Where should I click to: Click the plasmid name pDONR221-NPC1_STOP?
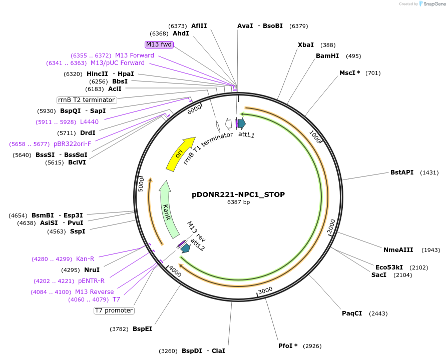238,194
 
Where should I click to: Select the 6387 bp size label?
238,202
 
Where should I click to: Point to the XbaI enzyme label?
306,45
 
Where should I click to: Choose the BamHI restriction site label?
327,56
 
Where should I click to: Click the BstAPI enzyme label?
402,172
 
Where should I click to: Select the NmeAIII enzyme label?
398,250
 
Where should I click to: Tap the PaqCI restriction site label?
352,313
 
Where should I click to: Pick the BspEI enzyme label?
142,329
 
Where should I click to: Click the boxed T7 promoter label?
114,310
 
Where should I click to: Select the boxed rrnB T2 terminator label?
87,100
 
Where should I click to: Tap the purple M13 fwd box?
159,44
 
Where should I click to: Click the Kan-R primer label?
85,259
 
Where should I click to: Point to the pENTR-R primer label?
91,281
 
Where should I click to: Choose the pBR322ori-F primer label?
73,144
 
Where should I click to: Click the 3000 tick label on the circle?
265,290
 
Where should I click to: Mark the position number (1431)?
429,172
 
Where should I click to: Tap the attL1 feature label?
246,134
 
